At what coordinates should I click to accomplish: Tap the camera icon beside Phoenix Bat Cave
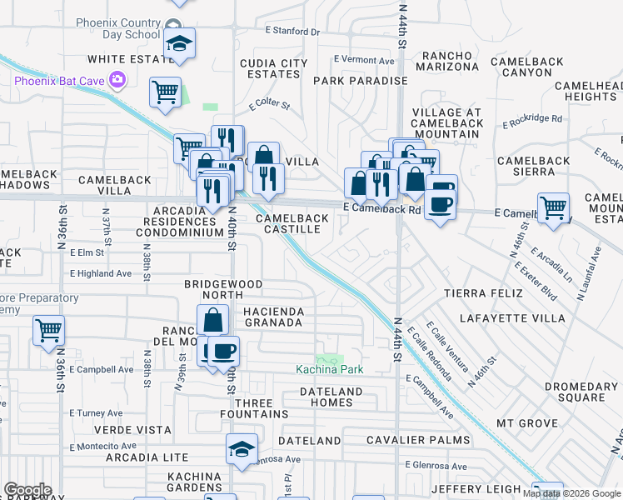pos(118,80)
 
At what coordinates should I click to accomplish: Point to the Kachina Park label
pos(330,369)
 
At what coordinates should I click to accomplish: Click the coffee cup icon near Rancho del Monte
pos(222,351)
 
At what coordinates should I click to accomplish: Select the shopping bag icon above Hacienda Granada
pos(214,319)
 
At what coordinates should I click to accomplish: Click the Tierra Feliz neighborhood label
pos(483,293)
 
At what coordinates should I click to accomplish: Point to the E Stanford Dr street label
pos(292,32)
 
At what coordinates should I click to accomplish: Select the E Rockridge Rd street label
pos(532,120)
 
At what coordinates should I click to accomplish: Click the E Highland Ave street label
pos(101,273)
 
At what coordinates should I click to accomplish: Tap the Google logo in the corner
pos(27,490)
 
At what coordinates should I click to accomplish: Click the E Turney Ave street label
pos(97,413)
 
